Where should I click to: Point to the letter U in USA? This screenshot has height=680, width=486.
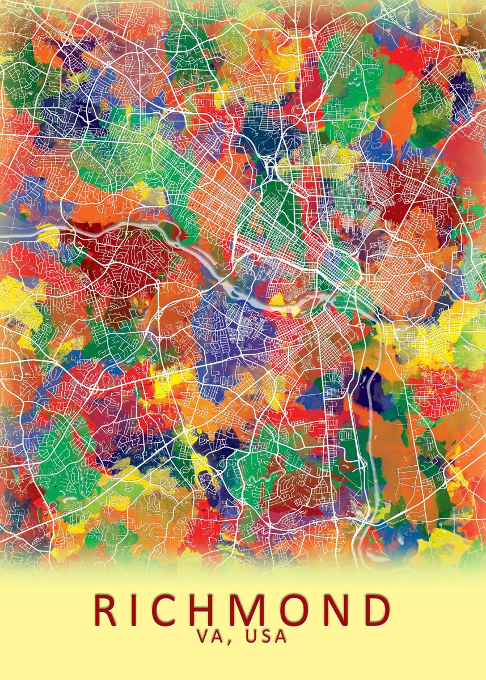(x=252, y=636)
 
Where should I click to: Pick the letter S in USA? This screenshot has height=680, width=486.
(x=267, y=636)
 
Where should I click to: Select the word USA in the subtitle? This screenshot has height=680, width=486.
(x=266, y=636)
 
